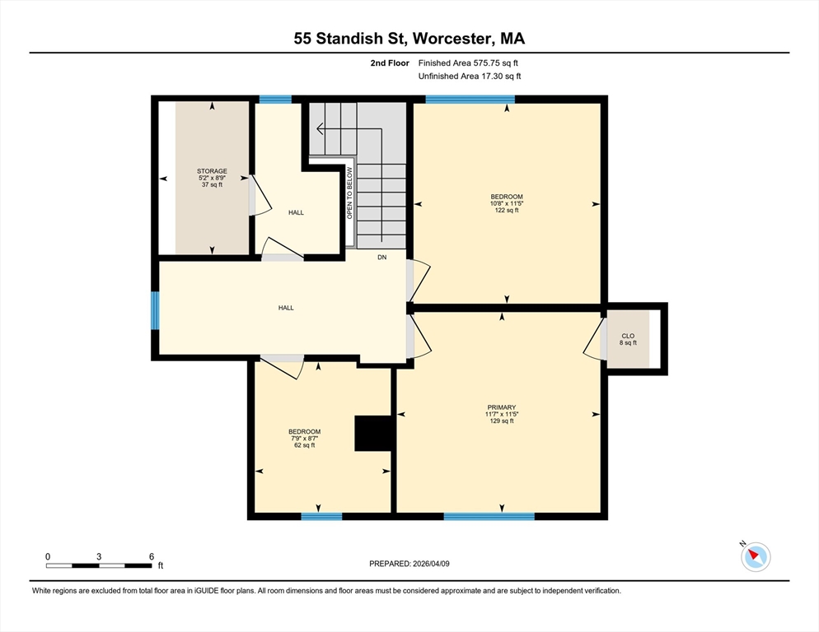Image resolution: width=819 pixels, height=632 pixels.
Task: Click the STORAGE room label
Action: click(x=213, y=178)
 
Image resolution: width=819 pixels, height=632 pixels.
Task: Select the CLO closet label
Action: click(x=628, y=339)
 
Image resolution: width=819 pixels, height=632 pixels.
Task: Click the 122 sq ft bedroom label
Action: click(x=507, y=203)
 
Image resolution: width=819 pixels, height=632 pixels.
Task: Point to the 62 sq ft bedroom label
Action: click(x=304, y=438)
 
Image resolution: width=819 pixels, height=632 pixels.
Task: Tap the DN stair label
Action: click(x=381, y=258)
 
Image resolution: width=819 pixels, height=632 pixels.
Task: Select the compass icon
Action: click(x=755, y=557)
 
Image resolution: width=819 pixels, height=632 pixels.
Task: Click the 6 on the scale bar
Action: click(x=151, y=556)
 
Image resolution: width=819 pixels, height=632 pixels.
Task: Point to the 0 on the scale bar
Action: click(x=48, y=556)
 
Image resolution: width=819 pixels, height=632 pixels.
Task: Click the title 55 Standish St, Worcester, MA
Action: click(x=409, y=38)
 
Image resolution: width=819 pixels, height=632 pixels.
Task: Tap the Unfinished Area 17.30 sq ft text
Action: click(x=470, y=76)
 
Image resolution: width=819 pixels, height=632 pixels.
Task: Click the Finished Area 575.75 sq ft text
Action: click(x=468, y=63)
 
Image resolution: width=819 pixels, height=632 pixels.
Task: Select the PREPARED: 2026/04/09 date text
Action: click(x=409, y=564)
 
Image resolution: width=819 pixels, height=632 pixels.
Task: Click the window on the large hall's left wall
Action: click(x=155, y=310)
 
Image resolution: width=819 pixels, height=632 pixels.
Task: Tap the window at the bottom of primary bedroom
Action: click(x=489, y=516)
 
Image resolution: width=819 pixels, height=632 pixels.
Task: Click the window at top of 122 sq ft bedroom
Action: click(x=470, y=100)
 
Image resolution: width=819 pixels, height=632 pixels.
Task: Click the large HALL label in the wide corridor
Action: click(x=286, y=308)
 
